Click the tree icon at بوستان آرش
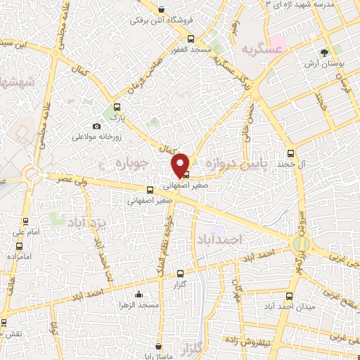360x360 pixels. tap(324, 53)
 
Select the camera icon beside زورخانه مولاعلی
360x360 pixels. tap(96, 126)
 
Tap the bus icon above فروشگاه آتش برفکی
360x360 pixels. tap(162, 10)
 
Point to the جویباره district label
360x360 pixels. tap(130, 164)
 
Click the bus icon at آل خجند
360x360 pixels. tap(290, 154)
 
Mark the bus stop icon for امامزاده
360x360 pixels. tap(19, 247)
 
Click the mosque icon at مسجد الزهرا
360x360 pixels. tap(139, 295)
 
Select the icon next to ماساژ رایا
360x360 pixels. tap(160, 346)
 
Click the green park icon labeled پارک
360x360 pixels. tap(116, 108)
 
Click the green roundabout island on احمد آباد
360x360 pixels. tap(301, 243)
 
